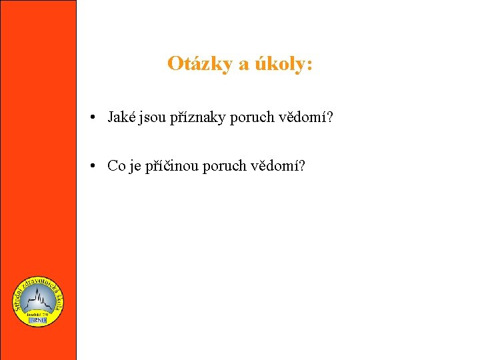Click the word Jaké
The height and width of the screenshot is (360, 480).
121,117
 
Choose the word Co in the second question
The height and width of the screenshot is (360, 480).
116,166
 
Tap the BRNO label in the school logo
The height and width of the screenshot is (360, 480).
37,320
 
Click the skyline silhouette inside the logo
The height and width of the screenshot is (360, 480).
38,299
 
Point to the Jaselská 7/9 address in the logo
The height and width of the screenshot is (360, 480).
38,312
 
